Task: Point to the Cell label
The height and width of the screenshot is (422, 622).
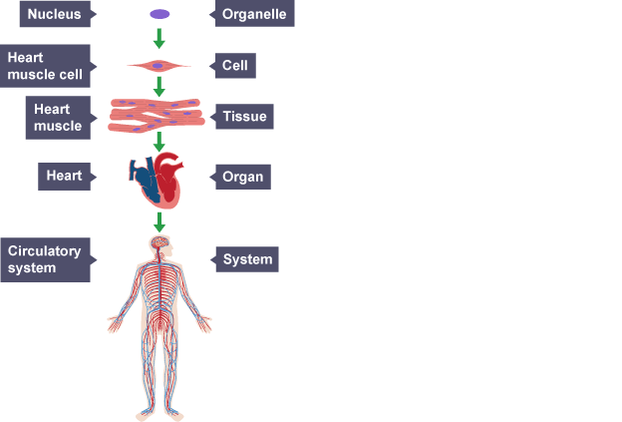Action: pos(234,67)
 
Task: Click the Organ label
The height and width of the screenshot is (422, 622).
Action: pos(242,178)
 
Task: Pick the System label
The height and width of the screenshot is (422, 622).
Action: pos(247,259)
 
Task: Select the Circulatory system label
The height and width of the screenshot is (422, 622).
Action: pos(48,259)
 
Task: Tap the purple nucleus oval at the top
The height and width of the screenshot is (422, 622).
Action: pos(158,15)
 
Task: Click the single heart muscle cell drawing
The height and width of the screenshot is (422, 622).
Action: pos(158,67)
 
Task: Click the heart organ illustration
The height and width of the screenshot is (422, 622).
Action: pos(158,179)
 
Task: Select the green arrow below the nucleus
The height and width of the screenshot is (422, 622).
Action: pos(158,40)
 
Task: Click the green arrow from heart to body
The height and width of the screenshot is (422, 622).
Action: pos(158,220)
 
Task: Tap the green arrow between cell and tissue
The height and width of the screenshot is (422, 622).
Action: pos(158,87)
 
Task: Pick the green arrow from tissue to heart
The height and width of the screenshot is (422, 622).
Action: pos(158,141)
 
